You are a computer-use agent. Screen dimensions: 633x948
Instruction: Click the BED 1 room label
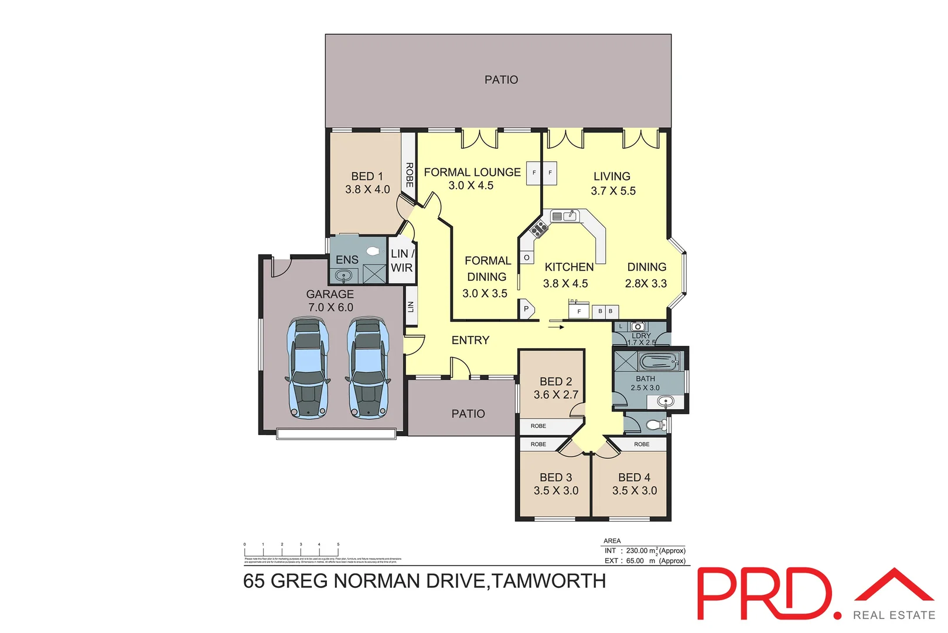click(367, 176)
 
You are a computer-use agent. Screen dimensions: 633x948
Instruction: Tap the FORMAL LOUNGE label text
click(472, 172)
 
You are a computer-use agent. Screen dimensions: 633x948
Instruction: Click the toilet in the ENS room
click(373, 251)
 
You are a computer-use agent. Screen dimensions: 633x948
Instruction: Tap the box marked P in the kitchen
click(526, 309)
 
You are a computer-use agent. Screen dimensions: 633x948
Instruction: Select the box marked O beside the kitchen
click(527, 257)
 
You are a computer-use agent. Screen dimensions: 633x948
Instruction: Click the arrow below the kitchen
click(556, 327)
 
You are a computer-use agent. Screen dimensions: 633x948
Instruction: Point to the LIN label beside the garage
click(411, 306)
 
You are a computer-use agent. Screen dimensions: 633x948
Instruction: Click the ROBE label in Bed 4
click(642, 444)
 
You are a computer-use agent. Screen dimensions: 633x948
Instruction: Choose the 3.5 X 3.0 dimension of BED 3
click(555, 491)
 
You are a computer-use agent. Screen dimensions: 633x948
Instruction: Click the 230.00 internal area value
click(637, 551)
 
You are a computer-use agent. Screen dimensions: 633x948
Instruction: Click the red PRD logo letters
click(764, 593)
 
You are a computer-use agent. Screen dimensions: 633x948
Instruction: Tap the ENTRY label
click(470, 341)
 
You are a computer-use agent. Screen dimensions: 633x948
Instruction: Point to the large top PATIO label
click(501, 80)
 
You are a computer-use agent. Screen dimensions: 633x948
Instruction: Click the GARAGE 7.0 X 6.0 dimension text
click(330, 308)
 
